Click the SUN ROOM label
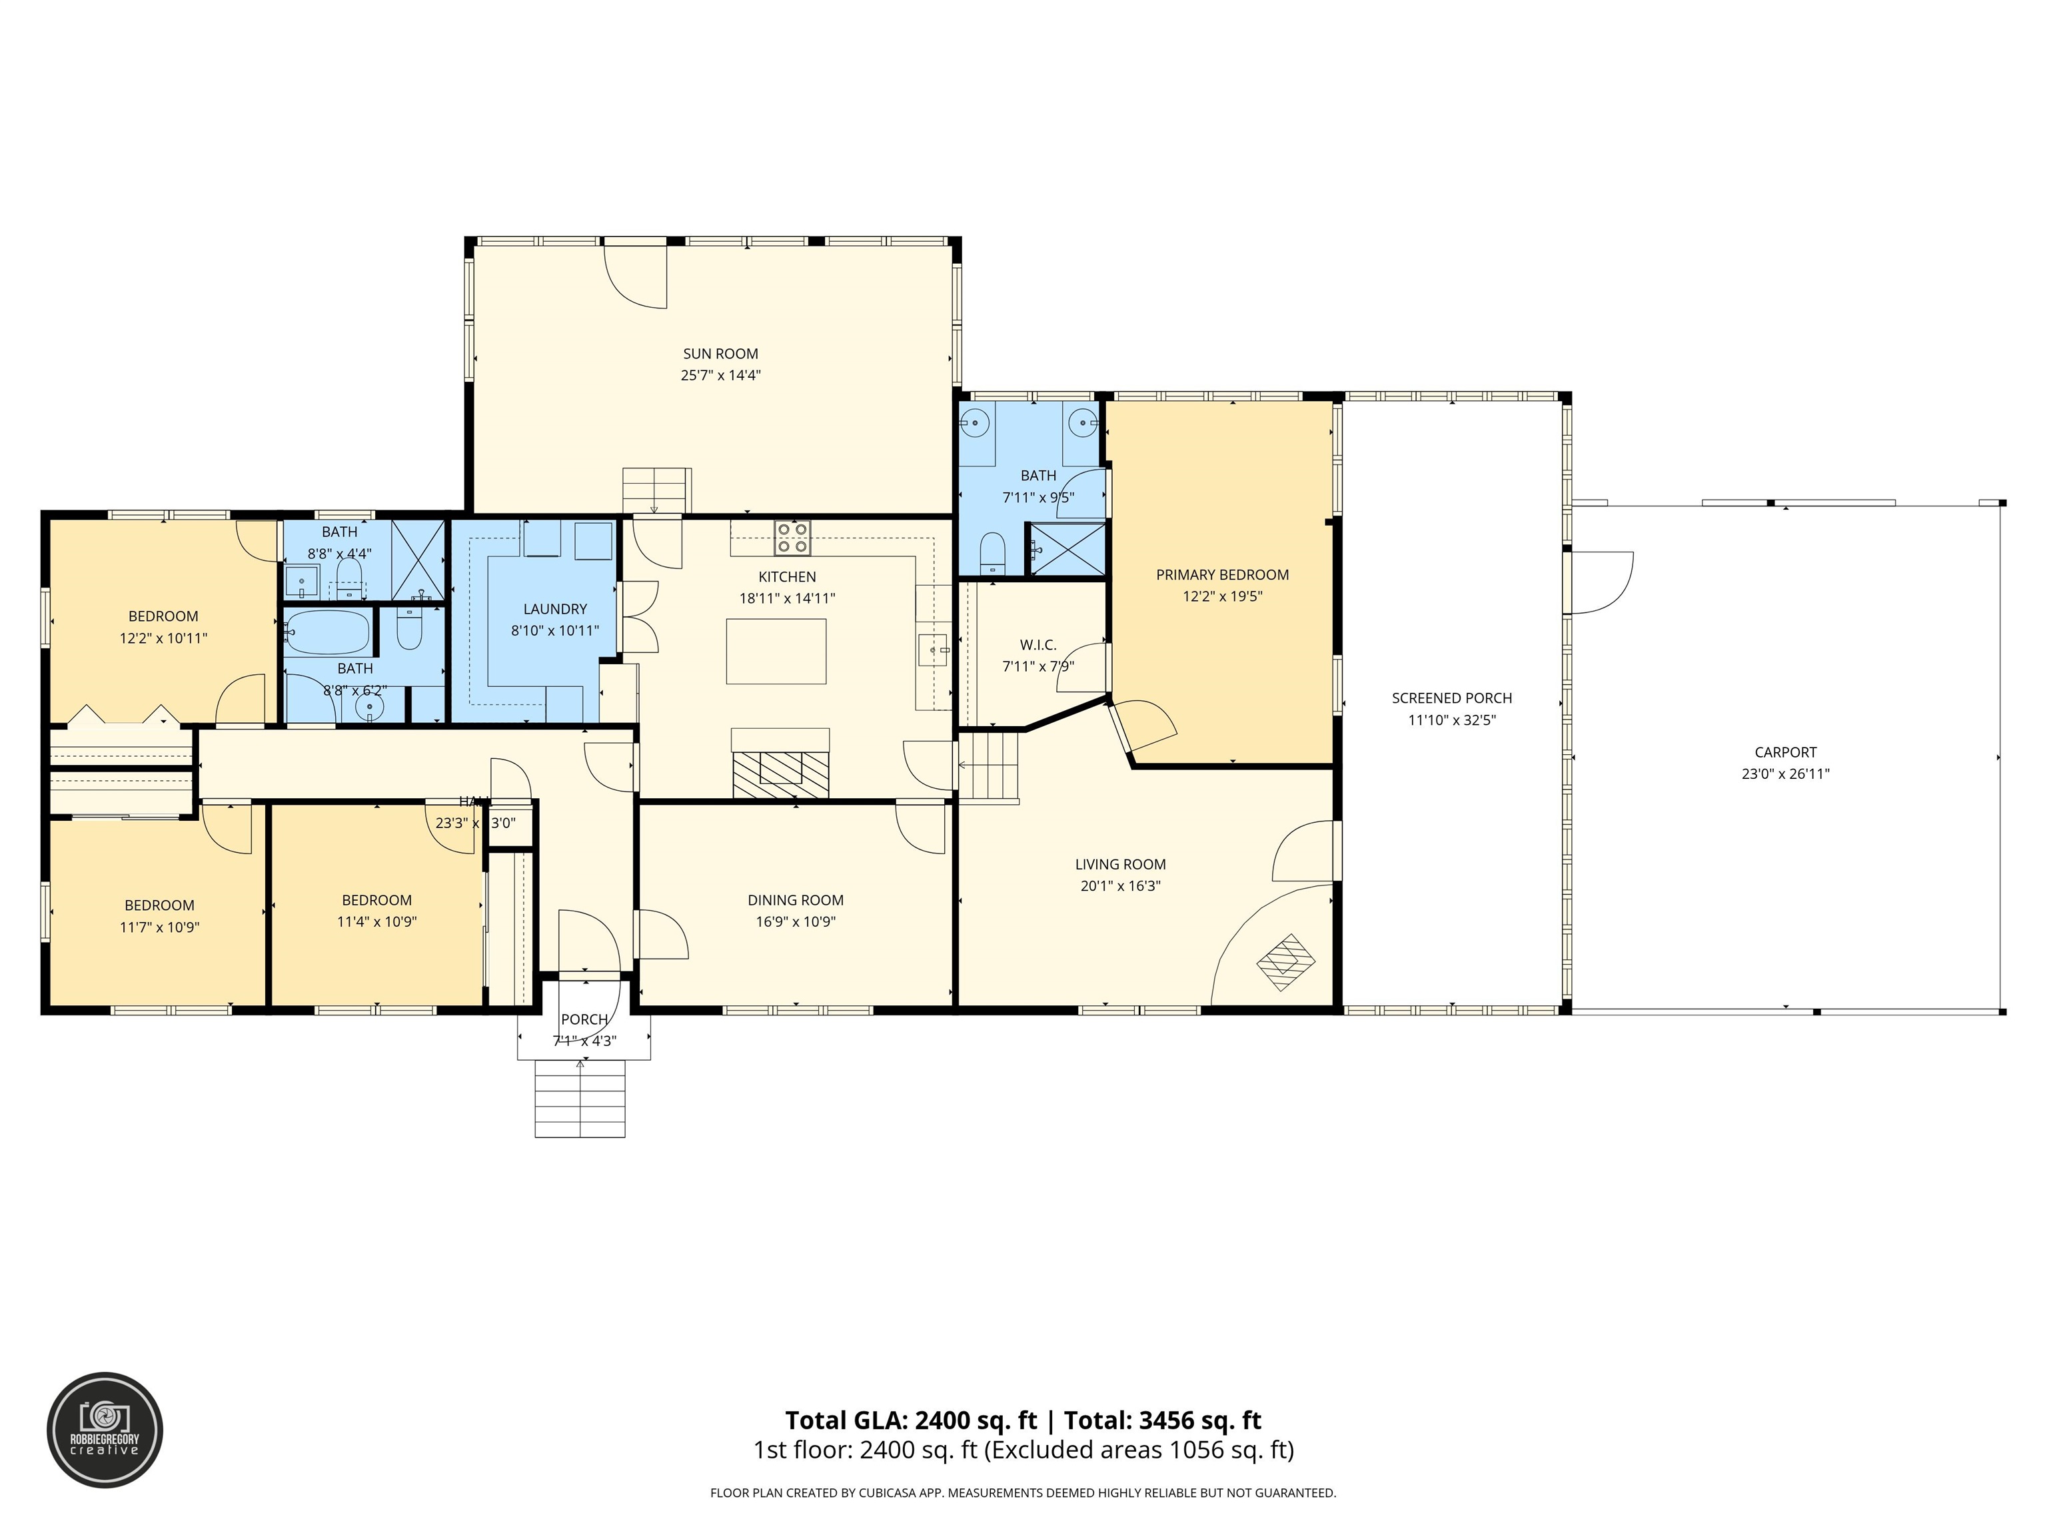click(720, 354)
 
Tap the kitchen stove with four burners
click(792, 538)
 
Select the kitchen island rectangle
click(776, 652)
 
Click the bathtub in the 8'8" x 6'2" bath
click(329, 633)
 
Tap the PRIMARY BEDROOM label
click(1221, 574)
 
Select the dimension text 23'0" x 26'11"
click(1785, 774)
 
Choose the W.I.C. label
click(1037, 645)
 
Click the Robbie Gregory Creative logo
click(105, 1430)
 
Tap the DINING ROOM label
click(795, 900)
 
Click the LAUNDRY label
click(554, 609)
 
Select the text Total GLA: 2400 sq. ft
click(911, 1420)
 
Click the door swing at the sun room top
click(636, 274)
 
